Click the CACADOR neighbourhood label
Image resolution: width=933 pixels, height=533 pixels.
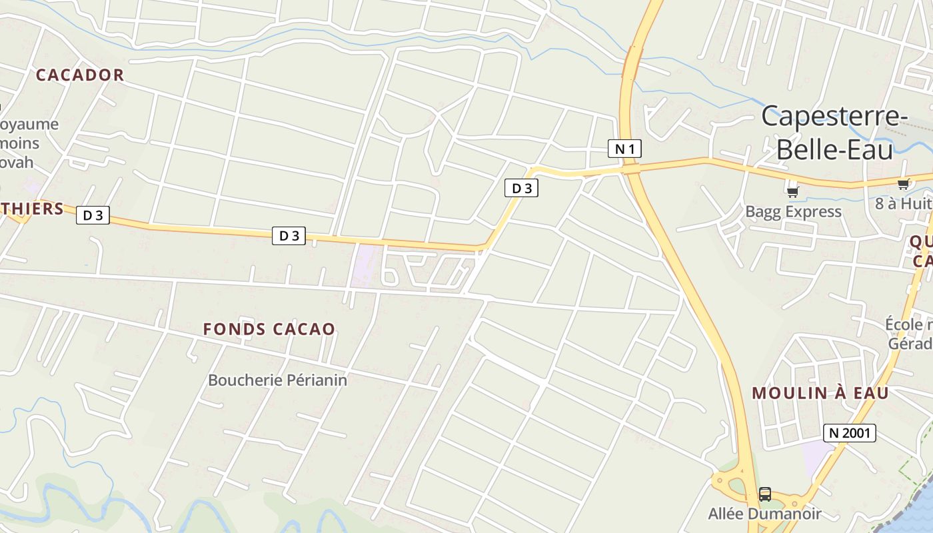(80, 75)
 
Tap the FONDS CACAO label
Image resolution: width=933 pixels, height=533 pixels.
(269, 329)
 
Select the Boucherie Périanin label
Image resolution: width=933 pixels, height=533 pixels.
(277, 380)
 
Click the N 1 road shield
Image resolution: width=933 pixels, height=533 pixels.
(624, 149)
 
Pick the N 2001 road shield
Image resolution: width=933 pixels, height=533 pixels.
(849, 433)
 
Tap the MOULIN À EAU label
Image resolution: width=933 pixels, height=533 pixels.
(820, 393)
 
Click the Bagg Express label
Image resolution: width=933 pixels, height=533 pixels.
(793, 212)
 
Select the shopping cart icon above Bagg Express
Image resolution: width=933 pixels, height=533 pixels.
(792, 193)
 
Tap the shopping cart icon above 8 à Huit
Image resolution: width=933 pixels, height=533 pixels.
(903, 185)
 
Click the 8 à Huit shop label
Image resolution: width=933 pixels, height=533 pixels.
(903, 203)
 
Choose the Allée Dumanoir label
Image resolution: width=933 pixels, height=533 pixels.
(764, 514)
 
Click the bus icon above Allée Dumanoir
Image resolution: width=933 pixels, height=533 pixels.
(765, 494)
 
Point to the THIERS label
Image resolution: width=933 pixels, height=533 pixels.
(32, 209)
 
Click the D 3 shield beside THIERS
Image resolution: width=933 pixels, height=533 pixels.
(93, 215)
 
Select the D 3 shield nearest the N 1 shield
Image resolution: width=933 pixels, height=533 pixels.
(521, 189)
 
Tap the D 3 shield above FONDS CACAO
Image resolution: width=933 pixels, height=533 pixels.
(289, 236)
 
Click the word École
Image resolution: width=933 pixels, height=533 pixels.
(906, 324)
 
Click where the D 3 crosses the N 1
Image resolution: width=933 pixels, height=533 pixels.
(632, 169)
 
